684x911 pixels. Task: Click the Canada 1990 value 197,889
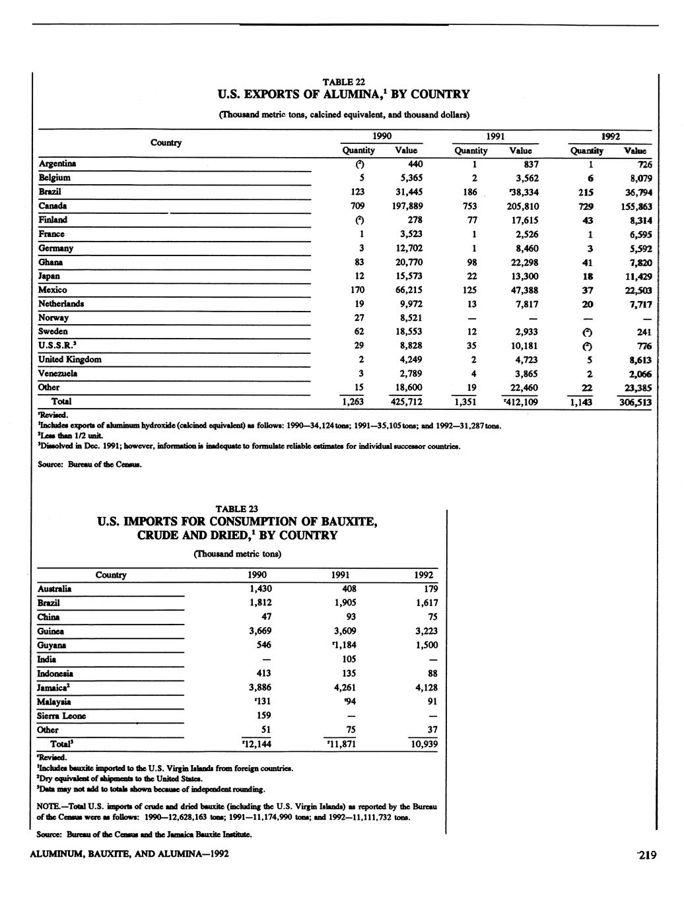pyautogui.click(x=405, y=206)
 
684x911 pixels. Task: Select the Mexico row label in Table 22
pyautogui.click(x=53, y=290)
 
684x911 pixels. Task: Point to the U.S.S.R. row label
pyautogui.click(x=56, y=345)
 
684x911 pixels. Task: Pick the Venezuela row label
pyautogui.click(x=58, y=374)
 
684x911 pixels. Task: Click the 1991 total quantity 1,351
pyautogui.click(x=467, y=402)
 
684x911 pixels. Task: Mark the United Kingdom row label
pyautogui.click(x=70, y=360)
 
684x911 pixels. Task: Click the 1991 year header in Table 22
pyautogui.click(x=496, y=137)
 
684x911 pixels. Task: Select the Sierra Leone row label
pyautogui.click(x=62, y=716)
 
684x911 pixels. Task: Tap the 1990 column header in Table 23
pyautogui.click(x=257, y=575)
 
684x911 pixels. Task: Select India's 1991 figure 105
pyautogui.click(x=350, y=659)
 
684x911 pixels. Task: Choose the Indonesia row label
pyautogui.click(x=55, y=674)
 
